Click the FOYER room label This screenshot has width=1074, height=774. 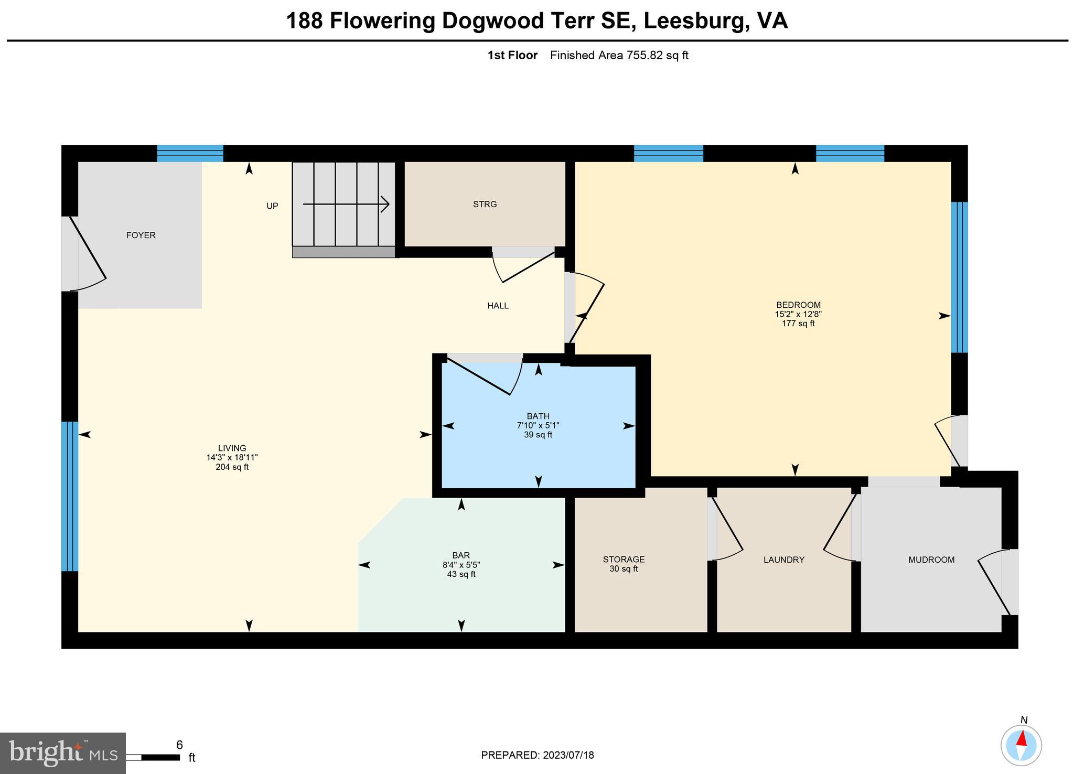click(x=141, y=235)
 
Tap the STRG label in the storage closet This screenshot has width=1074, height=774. click(x=485, y=205)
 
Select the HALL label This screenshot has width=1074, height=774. click(x=498, y=306)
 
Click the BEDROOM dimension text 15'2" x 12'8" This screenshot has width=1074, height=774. click(x=798, y=315)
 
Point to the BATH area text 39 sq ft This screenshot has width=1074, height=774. click(x=538, y=435)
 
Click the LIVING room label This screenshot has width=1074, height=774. click(x=232, y=448)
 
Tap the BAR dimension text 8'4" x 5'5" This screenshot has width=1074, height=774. click(x=461, y=565)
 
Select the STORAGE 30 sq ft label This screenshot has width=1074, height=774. click(x=624, y=564)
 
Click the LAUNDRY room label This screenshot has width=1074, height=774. click(x=783, y=560)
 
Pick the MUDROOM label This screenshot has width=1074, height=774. click(x=931, y=560)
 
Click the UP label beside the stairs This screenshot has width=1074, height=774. click(x=272, y=206)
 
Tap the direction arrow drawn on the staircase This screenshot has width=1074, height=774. click(x=346, y=204)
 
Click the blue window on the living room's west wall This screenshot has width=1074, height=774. click(x=70, y=496)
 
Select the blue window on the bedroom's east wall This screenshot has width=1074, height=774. click(x=960, y=277)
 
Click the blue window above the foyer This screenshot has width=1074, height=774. click(x=190, y=154)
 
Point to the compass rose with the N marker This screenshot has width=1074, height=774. click(x=1021, y=745)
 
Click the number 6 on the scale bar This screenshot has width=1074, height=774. click(x=179, y=745)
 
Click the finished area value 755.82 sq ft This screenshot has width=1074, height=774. click(x=657, y=56)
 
